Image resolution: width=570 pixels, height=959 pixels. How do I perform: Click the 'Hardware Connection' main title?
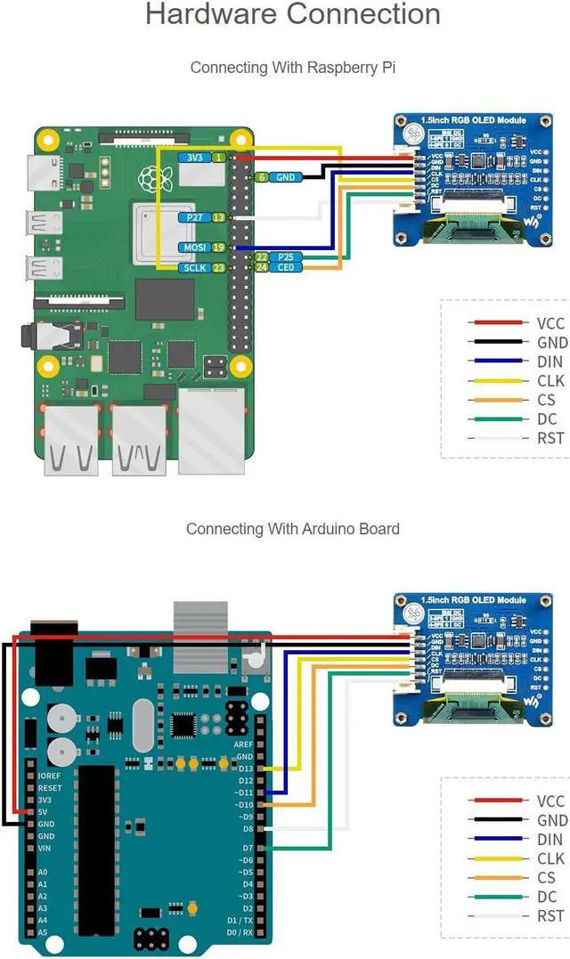click(x=292, y=15)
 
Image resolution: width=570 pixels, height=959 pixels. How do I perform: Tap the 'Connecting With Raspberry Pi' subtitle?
click(x=292, y=67)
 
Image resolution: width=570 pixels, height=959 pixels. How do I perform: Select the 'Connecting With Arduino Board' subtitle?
click(x=292, y=528)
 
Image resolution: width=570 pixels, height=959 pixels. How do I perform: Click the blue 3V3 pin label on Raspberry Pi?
click(x=192, y=158)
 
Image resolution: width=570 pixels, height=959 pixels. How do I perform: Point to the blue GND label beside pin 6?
click(x=285, y=177)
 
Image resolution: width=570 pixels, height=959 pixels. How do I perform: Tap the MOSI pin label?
click(x=193, y=248)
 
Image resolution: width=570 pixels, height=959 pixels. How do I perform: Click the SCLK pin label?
click(x=193, y=267)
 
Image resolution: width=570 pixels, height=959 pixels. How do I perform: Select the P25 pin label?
click(x=285, y=256)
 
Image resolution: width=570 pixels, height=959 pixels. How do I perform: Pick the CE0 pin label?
click(x=285, y=267)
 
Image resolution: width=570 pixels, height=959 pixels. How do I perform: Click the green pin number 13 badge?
click(x=218, y=217)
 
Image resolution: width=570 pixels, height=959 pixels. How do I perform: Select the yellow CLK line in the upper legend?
click(x=498, y=381)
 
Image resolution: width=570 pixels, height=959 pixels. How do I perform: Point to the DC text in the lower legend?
click(x=547, y=897)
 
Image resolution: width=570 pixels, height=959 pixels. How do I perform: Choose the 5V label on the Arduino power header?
click(x=44, y=812)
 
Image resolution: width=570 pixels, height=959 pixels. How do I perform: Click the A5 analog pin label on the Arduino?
click(x=43, y=932)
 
